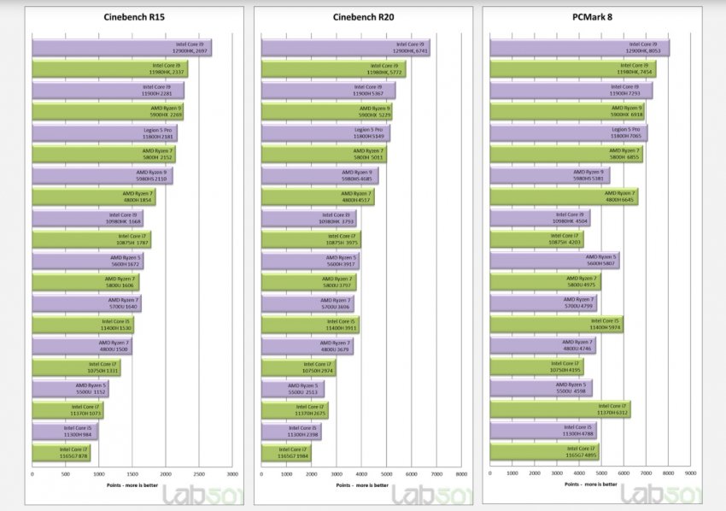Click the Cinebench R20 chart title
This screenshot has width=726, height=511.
pyautogui.click(x=363, y=16)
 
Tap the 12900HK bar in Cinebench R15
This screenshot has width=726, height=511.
pyautogui.click(x=121, y=48)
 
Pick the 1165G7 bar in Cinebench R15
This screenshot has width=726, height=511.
pyautogui.click(x=61, y=453)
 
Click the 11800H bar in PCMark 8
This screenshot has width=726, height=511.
pyautogui.click(x=568, y=132)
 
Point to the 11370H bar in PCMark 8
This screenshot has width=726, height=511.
pyautogui.click(x=559, y=410)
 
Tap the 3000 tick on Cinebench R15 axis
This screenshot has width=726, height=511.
pyautogui.click(x=232, y=473)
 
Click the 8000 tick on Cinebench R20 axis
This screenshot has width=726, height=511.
pyautogui.click(x=461, y=473)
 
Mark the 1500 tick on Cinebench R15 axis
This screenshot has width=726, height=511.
pyautogui.click(x=132, y=473)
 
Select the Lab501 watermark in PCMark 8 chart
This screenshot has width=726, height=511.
pyautogui.click(x=663, y=495)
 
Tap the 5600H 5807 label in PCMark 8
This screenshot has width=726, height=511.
pyautogui.click(x=597, y=261)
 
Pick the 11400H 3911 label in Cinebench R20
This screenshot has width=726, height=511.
pyautogui.click(x=341, y=325)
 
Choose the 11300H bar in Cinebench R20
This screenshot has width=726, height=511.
pyautogui.click(x=290, y=432)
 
